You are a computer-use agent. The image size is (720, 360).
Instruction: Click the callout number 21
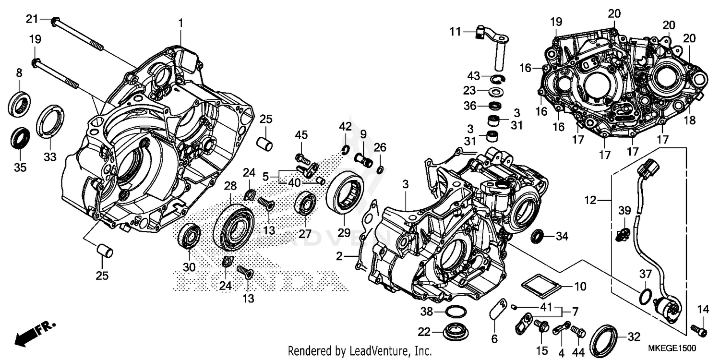point(32,19)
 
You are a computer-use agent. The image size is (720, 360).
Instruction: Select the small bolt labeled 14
point(699,329)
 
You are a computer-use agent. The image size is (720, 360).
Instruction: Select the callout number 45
point(301,135)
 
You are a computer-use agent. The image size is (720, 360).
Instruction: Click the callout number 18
point(690,121)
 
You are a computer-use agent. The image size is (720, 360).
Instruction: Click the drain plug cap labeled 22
point(453,331)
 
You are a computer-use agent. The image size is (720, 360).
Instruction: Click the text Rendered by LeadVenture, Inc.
point(360,351)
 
